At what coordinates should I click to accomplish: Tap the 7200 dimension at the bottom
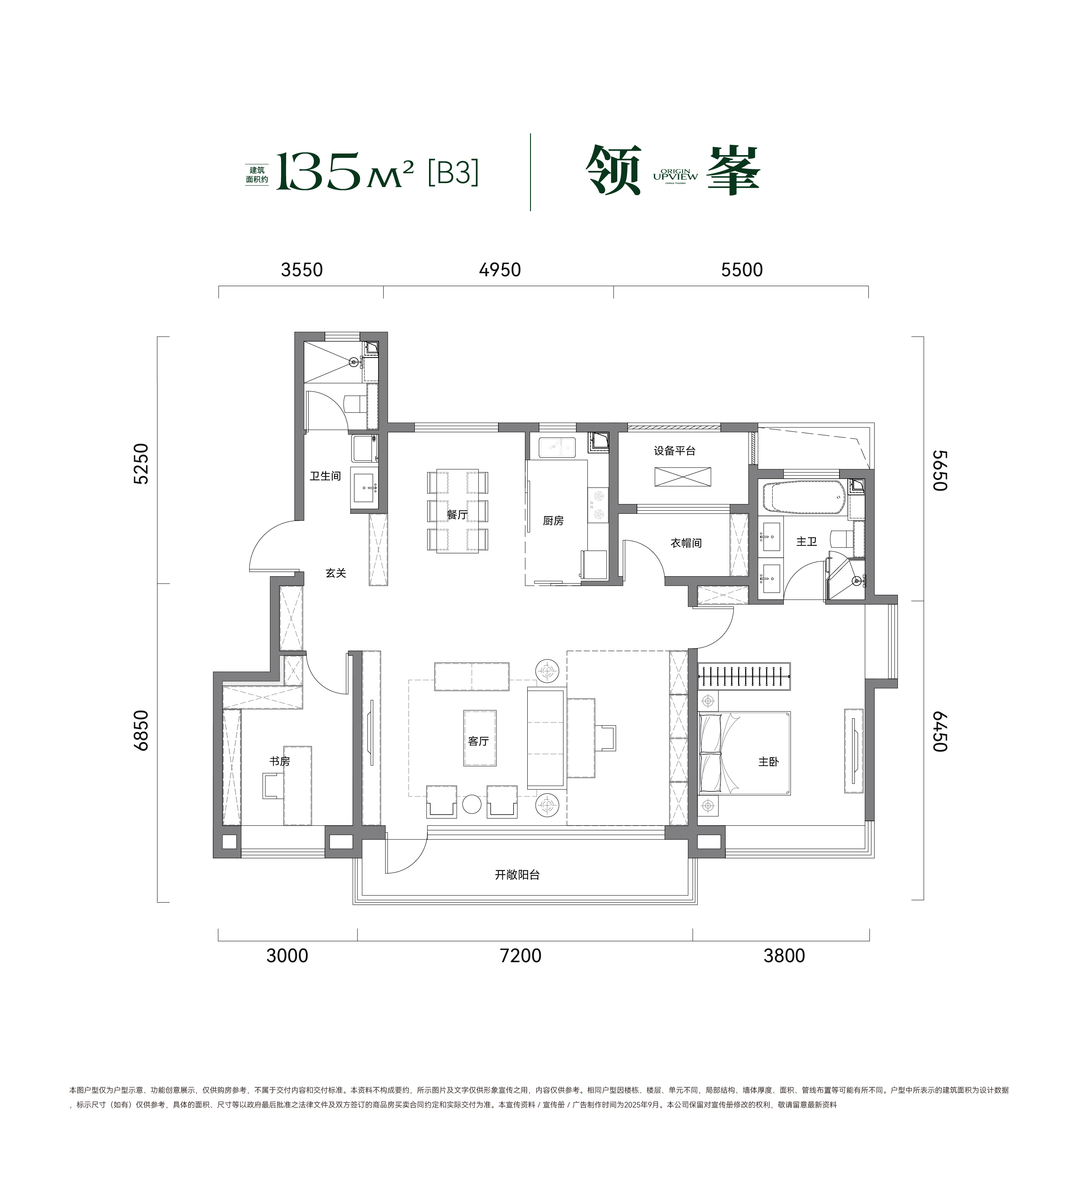[x=521, y=955]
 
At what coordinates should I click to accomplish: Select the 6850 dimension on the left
[x=142, y=730]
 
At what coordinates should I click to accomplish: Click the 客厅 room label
[x=479, y=741]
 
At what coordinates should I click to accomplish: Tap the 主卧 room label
[x=768, y=762]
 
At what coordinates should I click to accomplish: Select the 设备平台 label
[x=674, y=451]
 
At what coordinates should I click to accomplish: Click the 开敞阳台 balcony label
[x=517, y=875]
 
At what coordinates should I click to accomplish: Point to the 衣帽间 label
[x=686, y=543]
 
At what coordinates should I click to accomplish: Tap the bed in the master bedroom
[x=744, y=753]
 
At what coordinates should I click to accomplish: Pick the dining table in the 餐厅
[x=457, y=511]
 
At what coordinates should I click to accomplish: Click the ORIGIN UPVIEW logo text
[x=676, y=175]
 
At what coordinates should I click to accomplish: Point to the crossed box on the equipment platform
[x=683, y=477]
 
